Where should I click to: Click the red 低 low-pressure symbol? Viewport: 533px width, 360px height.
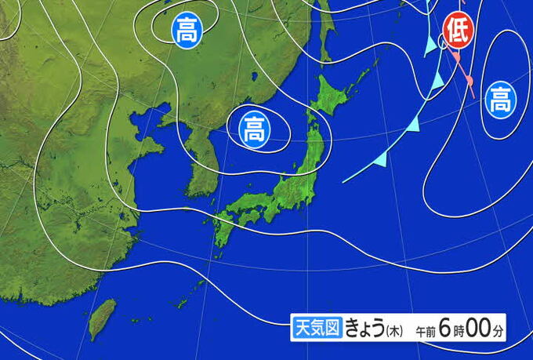(457, 31)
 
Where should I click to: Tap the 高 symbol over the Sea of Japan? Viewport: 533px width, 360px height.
(253, 127)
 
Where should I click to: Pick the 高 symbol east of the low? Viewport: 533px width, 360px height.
(499, 99)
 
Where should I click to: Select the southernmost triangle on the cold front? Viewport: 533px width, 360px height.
(381, 159)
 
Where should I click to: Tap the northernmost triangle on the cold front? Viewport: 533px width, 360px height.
(430, 48)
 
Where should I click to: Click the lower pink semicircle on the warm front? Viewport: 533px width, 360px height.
(469, 79)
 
